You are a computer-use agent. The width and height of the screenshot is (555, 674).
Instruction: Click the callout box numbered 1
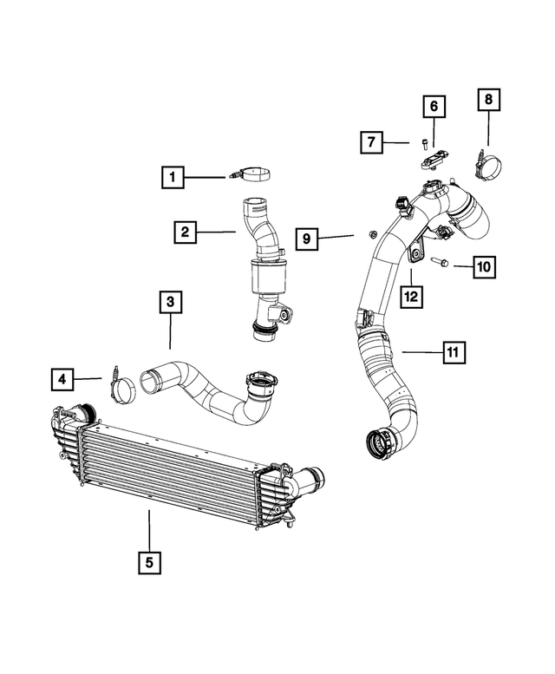[173, 178]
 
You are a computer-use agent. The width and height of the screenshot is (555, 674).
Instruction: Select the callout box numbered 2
[184, 232]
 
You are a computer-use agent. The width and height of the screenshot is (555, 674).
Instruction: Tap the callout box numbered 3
[170, 302]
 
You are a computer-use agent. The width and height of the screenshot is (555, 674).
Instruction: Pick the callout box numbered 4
[62, 378]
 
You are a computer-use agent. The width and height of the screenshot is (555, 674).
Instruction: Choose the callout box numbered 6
[434, 107]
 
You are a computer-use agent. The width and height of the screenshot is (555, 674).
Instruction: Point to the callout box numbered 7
[373, 141]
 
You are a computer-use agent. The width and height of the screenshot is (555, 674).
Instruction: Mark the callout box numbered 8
[488, 101]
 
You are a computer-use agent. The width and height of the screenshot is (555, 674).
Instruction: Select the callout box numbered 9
[306, 236]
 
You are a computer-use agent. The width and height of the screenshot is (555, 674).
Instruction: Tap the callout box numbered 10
[484, 265]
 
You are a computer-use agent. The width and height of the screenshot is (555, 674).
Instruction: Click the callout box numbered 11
[452, 352]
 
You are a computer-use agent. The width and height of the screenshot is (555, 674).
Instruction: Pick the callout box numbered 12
[410, 296]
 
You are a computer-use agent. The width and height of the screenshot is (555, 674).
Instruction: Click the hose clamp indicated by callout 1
[252, 176]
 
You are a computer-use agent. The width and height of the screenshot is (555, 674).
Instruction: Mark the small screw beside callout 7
[422, 142]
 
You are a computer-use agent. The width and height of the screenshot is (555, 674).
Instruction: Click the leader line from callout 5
[149, 529]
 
